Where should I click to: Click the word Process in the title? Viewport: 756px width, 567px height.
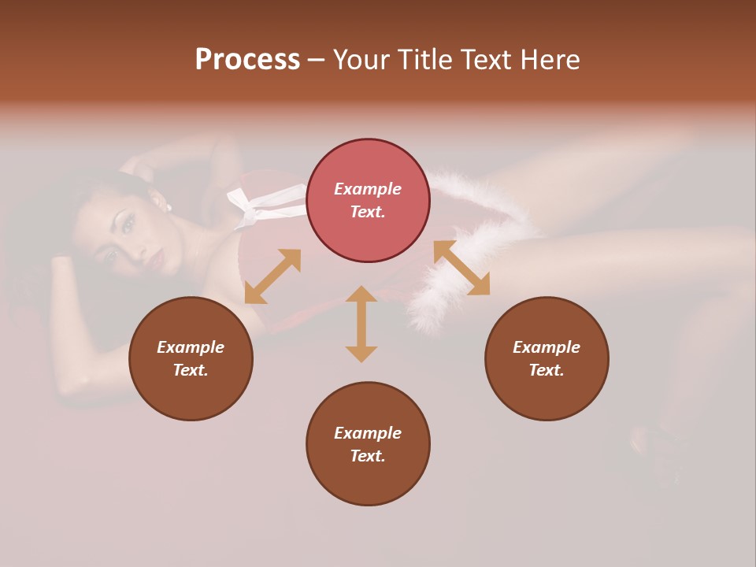point(247,60)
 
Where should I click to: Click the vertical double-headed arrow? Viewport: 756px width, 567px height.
point(361,324)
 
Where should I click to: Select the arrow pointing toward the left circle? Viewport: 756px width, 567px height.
point(272,276)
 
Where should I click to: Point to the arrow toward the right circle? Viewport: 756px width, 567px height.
point(462,268)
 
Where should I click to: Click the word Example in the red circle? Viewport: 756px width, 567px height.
point(368,189)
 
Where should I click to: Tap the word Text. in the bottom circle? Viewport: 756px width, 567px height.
point(368,456)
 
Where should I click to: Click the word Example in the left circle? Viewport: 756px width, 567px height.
point(191,347)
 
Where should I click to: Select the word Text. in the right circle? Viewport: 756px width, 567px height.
point(547,370)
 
